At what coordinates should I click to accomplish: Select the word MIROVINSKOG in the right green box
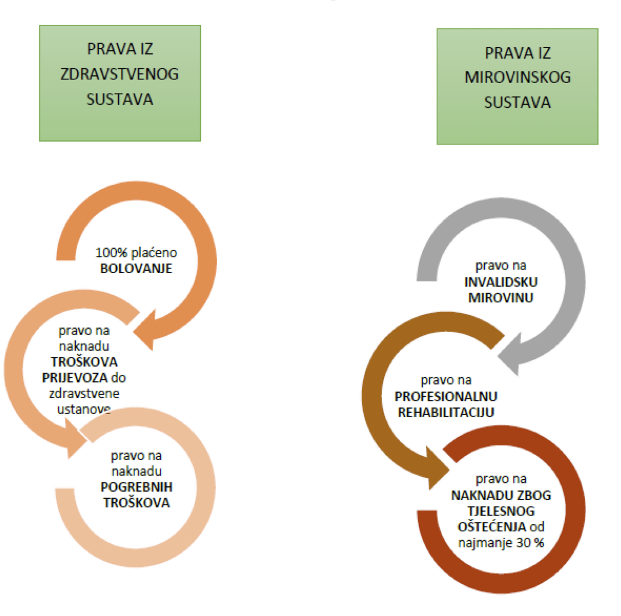click(517, 77)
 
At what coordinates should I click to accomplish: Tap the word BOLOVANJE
click(136, 268)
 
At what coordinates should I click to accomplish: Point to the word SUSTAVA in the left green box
click(120, 98)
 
